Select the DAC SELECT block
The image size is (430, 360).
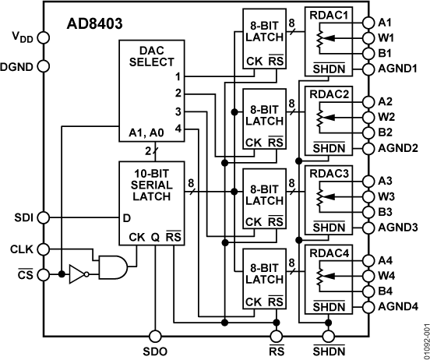tap(151, 55)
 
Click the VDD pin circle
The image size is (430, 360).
tap(43, 37)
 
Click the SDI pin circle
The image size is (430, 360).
tap(43, 218)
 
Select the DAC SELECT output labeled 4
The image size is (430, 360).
tap(178, 128)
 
